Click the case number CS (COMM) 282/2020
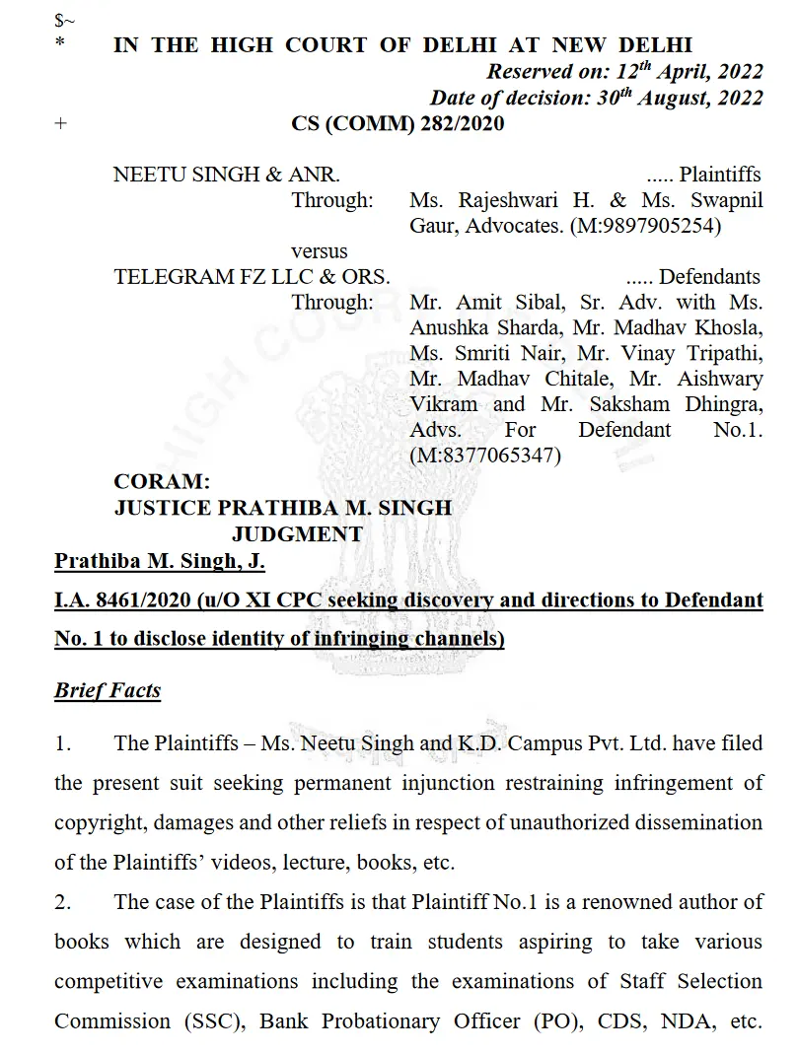click(x=398, y=123)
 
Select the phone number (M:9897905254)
click(x=643, y=225)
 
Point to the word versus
click(x=320, y=251)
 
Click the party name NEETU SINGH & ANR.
click(x=227, y=175)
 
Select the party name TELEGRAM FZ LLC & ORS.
click(x=252, y=277)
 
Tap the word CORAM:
click(x=162, y=482)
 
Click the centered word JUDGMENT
click(x=297, y=533)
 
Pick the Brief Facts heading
click(x=108, y=689)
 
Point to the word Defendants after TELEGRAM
click(x=710, y=277)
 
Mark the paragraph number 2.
click(x=62, y=901)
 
